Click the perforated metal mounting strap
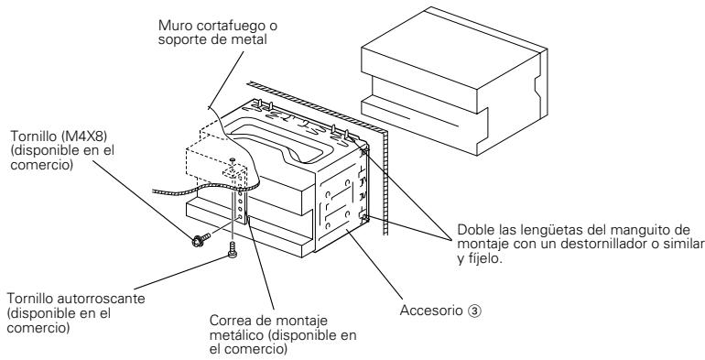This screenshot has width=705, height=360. click(x=244, y=202)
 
